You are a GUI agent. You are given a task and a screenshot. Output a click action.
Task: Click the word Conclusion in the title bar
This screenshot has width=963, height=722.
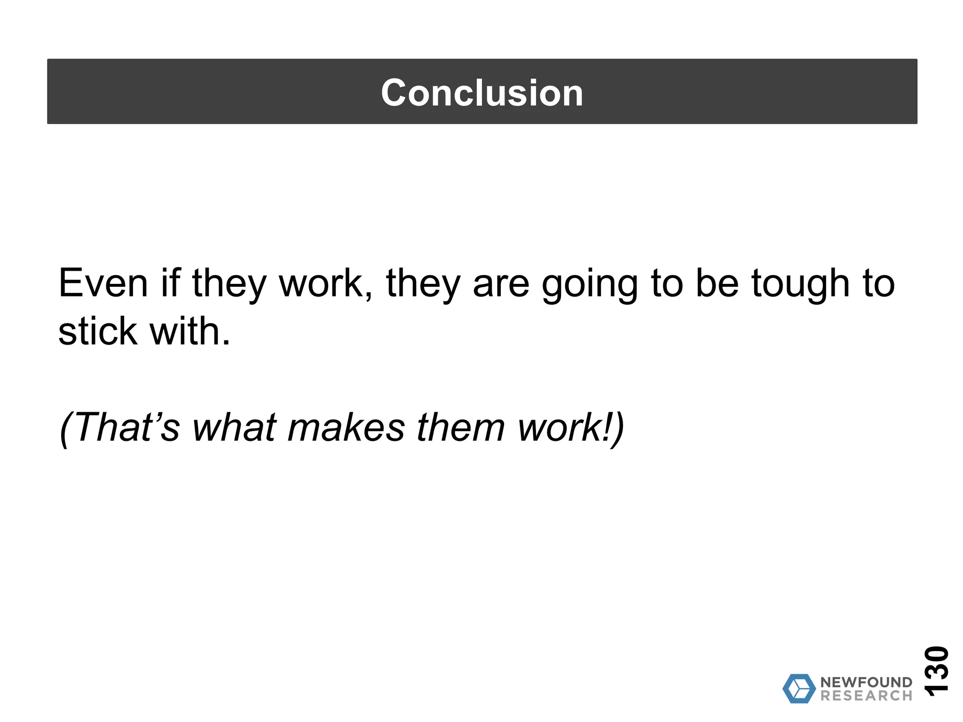[482, 93]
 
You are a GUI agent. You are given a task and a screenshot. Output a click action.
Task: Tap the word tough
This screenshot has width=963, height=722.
[800, 284]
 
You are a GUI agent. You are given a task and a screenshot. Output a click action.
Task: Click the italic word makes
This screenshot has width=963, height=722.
[346, 427]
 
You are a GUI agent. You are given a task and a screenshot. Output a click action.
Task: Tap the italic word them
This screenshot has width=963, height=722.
[460, 427]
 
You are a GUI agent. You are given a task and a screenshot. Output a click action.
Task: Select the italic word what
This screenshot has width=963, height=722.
[234, 427]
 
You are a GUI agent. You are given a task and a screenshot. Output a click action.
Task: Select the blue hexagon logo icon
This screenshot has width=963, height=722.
[799, 689]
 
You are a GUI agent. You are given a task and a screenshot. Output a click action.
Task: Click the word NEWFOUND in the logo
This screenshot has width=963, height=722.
[866, 682]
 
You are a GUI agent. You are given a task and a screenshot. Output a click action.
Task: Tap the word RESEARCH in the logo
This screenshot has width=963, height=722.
[866, 696]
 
